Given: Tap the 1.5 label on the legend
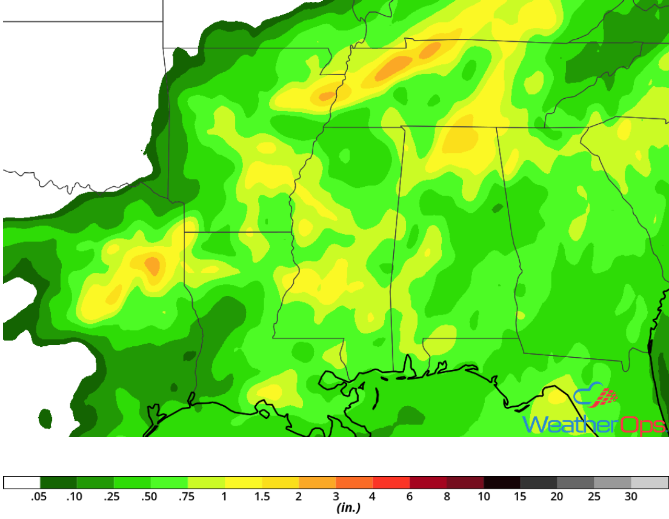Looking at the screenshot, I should (261, 497).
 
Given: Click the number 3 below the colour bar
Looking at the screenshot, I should (336, 497).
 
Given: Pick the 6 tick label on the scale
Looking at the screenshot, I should (410, 497).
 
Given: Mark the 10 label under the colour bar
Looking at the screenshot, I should (484, 497).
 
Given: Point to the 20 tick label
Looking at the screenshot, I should (557, 497).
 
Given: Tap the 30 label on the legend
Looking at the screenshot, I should (631, 497).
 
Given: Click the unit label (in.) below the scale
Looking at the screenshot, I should (348, 508).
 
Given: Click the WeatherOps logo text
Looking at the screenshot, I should (594, 425).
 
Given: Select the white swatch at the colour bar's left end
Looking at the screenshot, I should (22, 483).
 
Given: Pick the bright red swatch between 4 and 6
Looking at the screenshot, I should (391, 483).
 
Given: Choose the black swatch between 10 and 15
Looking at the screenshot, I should (502, 483).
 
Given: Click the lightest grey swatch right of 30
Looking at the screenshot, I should (649, 483).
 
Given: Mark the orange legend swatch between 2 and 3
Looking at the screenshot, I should (317, 483).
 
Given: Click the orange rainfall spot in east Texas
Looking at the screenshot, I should (152, 265).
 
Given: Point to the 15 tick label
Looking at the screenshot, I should (520, 497).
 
